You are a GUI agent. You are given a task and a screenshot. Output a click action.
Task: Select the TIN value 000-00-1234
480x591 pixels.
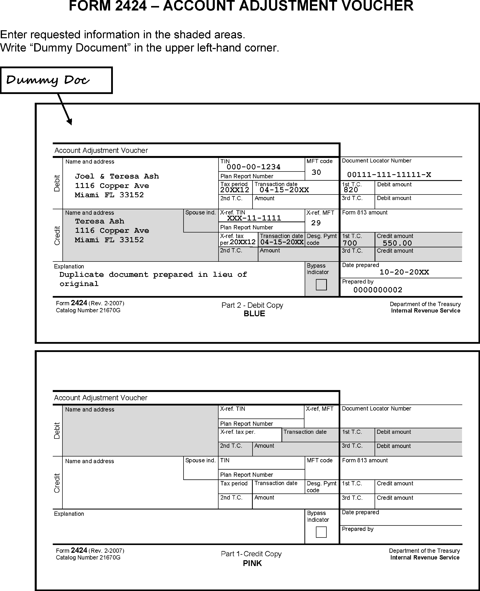[x=253, y=167]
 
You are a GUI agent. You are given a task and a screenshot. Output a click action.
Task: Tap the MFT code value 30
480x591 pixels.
[x=316, y=172]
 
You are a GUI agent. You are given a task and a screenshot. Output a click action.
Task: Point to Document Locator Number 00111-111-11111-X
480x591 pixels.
[x=389, y=174]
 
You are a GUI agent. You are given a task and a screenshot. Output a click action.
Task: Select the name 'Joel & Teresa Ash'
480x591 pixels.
[x=117, y=176]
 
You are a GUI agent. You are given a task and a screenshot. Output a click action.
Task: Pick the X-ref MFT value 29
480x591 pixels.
[x=316, y=223]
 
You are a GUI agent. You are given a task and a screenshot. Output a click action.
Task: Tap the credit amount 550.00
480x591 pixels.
[x=397, y=243]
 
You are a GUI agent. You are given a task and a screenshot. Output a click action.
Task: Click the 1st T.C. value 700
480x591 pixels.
[x=350, y=243]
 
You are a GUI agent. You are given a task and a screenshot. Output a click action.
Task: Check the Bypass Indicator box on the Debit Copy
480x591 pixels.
[x=321, y=284]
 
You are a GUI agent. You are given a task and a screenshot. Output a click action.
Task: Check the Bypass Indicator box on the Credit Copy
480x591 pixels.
[x=321, y=532]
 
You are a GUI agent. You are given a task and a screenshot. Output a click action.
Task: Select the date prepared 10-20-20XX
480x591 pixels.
[x=404, y=272]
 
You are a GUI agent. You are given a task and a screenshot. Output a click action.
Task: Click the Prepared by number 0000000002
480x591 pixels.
[x=378, y=290]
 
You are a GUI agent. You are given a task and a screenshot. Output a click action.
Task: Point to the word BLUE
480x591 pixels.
[x=254, y=314]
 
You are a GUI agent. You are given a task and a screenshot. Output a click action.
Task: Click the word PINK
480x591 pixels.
[x=252, y=563]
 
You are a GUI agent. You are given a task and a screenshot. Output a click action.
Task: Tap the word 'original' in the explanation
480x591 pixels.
[x=79, y=284]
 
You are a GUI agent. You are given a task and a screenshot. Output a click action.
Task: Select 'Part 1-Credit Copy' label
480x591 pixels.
[x=251, y=554]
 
